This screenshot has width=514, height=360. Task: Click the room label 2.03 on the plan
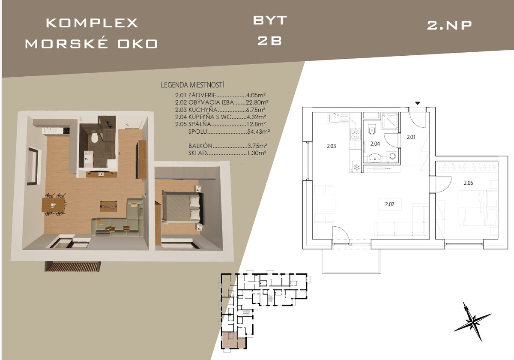pyautogui.click(x=332, y=146)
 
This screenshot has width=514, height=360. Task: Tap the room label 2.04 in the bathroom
pyautogui.click(x=375, y=144)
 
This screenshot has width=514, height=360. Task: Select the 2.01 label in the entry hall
pyautogui.click(x=411, y=137)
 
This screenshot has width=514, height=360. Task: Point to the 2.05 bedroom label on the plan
pyautogui.click(x=468, y=183)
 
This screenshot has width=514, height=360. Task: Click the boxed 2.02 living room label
pyautogui.click(x=390, y=204)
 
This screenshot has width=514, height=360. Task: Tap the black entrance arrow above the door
pyautogui.click(x=418, y=103)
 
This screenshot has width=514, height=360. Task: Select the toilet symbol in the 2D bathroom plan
pyautogui.click(x=371, y=130)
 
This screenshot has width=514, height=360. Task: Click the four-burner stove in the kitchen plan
pyautogui.click(x=355, y=134)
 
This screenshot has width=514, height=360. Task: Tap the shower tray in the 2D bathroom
pyautogui.click(x=390, y=120)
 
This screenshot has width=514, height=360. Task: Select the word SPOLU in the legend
pyautogui.click(x=198, y=132)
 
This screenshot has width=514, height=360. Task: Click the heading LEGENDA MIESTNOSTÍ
pyautogui.click(x=192, y=85)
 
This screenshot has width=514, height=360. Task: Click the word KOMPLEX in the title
pyautogui.click(x=92, y=23)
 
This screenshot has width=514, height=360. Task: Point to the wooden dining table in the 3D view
pyautogui.click(x=53, y=204)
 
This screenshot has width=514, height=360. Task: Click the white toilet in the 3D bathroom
pyautogui.click(x=94, y=138)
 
